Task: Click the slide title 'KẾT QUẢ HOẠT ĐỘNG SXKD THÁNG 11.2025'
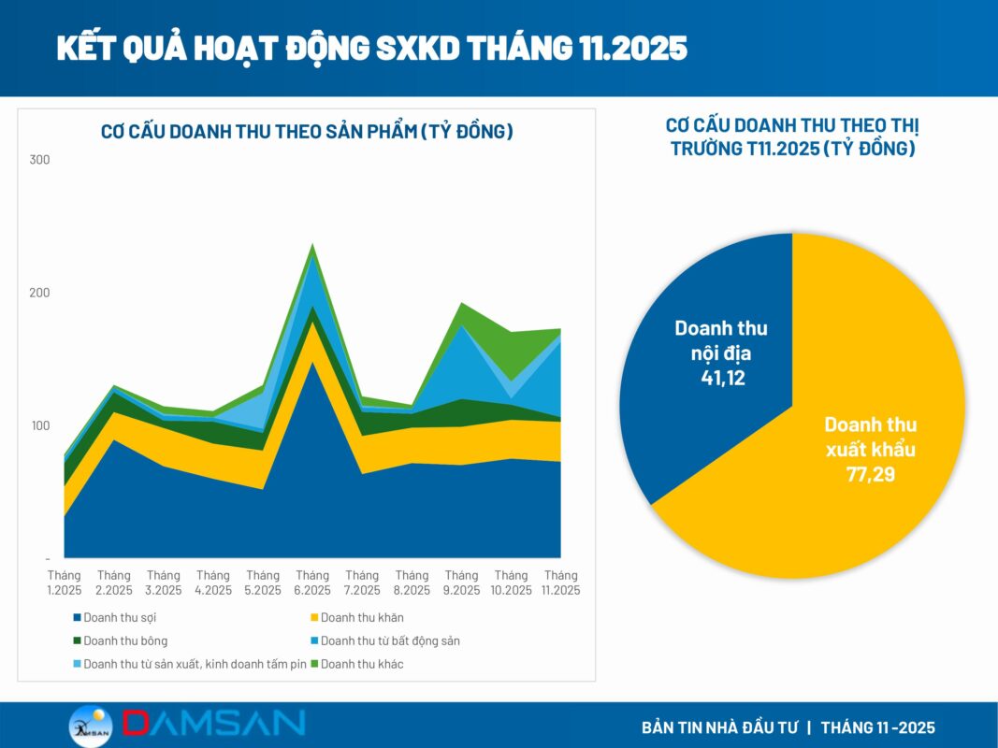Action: (x=371, y=48)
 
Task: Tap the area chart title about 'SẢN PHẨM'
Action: (x=307, y=132)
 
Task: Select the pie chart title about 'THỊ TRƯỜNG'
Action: (x=792, y=137)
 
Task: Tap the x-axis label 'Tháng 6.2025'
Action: (x=312, y=583)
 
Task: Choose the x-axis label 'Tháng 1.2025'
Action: (x=65, y=583)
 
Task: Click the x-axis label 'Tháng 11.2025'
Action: (x=560, y=583)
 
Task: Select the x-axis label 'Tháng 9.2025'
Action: (x=461, y=583)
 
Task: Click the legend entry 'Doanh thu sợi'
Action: (x=117, y=617)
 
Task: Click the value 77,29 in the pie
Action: (x=871, y=474)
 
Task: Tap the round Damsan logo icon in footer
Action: (x=91, y=726)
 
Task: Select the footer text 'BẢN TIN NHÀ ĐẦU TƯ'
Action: (x=717, y=727)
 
